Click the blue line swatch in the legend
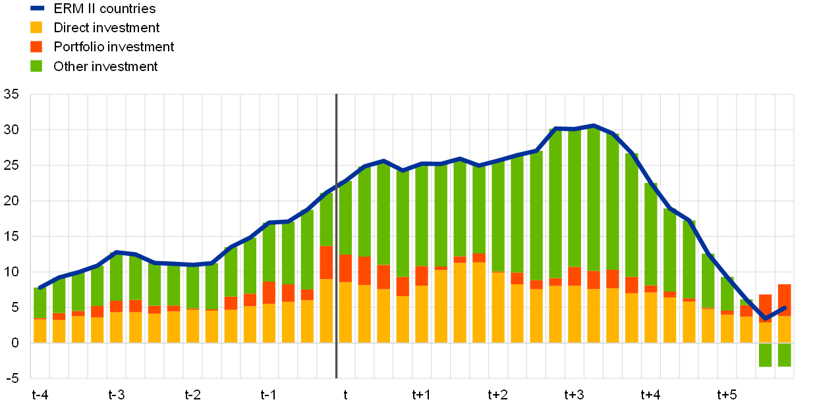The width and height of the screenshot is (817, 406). tap(38, 8)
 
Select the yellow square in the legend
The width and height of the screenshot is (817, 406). tap(36, 27)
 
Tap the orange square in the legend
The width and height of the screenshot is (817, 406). tap(36, 47)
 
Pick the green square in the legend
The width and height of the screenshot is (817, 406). tap(36, 66)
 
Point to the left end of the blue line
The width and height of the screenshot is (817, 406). tap(40, 288)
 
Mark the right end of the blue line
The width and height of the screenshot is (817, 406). tap(784, 307)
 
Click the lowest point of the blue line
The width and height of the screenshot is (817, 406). tap(765, 319)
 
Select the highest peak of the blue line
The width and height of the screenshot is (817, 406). tap(593, 125)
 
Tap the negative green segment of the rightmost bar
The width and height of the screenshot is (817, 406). tap(784, 355)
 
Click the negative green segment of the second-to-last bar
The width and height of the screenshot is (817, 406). tap(765, 355)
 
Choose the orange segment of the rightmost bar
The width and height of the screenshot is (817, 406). tap(784, 300)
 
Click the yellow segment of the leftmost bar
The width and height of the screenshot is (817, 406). tap(40, 331)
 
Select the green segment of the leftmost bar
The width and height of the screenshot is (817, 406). tap(40, 303)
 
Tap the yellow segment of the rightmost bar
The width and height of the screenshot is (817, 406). tap(784, 329)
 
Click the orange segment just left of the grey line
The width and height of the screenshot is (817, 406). tap(326, 263)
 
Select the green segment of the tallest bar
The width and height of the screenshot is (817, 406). tap(593, 197)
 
